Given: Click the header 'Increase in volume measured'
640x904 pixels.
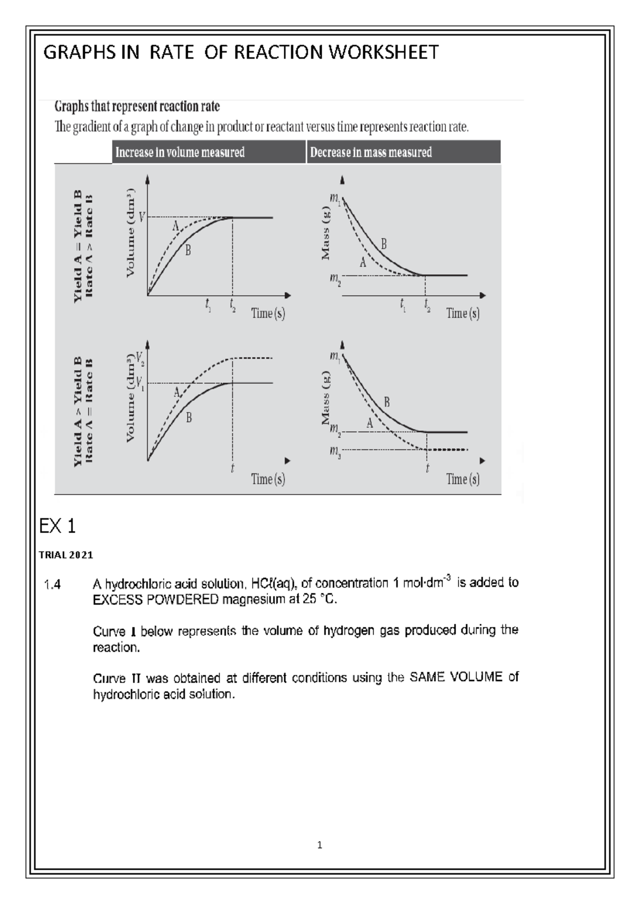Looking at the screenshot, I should coord(180,152).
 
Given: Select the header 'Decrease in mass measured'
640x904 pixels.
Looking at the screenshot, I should coord(371,152).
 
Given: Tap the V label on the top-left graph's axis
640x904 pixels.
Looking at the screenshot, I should coord(141,217).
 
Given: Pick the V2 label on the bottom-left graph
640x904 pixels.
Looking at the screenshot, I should coord(140,358).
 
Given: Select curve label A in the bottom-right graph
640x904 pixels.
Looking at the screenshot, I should coord(370,423).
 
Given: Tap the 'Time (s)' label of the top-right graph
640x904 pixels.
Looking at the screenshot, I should coord(462,313).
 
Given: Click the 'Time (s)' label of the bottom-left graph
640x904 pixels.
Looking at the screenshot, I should coord(268,479).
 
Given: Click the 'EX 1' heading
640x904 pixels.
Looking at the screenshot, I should coord(58,527).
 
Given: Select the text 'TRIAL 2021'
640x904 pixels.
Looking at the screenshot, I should coord(66,555).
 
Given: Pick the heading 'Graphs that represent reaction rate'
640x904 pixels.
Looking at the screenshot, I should coord(137,107).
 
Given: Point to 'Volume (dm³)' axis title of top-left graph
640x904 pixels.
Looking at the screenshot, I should coord(131,232).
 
